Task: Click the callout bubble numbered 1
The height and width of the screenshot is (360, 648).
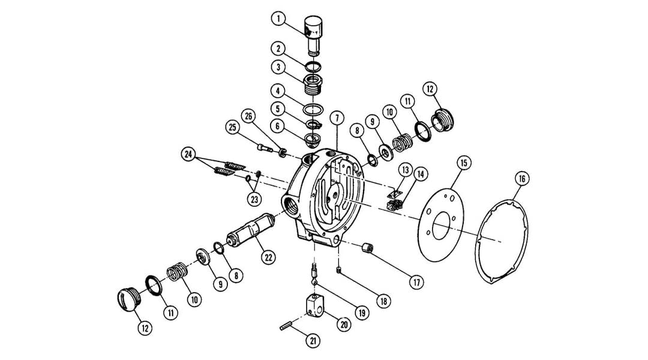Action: (x=278, y=19)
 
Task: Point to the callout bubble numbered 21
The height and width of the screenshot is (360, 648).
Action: (x=313, y=341)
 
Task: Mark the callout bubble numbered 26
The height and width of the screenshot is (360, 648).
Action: (x=250, y=115)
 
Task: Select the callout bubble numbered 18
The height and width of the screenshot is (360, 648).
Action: (x=383, y=301)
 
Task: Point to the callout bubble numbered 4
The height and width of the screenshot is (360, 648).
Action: (x=277, y=91)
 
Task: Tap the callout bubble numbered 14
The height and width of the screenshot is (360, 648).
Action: (x=420, y=174)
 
